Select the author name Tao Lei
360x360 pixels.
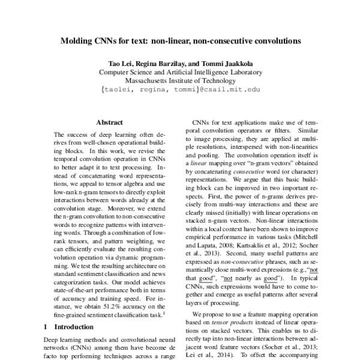pyautogui.click(x=119, y=63)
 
